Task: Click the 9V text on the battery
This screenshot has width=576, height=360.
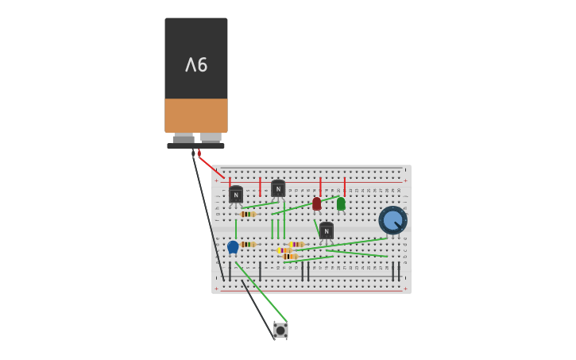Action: click(x=196, y=65)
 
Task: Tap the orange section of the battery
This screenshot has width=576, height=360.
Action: click(x=196, y=115)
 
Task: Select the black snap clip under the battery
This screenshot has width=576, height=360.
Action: click(x=195, y=145)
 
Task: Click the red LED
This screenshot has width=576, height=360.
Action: click(x=317, y=204)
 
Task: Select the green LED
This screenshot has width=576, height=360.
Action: click(x=341, y=204)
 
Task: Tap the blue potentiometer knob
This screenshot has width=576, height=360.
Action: click(x=392, y=220)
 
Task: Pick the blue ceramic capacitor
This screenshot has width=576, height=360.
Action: click(x=233, y=247)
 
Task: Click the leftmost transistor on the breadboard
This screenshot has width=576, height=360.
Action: click(x=236, y=195)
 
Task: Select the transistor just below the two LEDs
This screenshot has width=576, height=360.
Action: click(x=326, y=231)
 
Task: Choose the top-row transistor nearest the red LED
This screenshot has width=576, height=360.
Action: click(x=278, y=189)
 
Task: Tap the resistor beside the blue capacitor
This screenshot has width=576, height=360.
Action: click(x=248, y=245)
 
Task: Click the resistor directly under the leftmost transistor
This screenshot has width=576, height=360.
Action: click(x=248, y=214)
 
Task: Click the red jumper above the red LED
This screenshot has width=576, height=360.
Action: click(x=320, y=187)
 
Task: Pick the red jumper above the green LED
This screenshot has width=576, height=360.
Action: click(x=344, y=187)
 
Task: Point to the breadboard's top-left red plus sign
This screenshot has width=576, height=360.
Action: click(x=216, y=180)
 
